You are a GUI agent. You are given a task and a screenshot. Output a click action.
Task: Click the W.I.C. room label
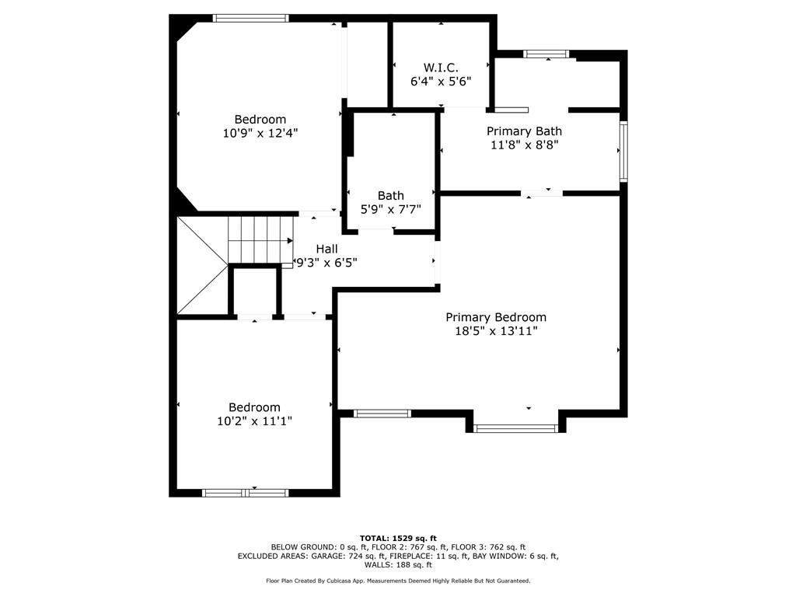[x=441, y=68]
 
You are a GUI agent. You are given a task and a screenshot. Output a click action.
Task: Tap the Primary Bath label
[x=525, y=131]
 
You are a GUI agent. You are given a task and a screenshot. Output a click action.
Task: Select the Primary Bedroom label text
[x=496, y=317]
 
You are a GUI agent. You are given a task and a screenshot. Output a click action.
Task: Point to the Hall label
[x=327, y=249]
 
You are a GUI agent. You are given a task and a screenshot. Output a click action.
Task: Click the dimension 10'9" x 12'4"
[x=260, y=133]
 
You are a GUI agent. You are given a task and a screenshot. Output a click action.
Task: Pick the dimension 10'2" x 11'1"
[x=254, y=421]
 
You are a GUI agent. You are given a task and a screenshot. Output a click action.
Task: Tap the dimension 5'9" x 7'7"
[x=391, y=209]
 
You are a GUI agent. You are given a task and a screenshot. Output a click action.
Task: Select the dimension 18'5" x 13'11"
[x=496, y=331]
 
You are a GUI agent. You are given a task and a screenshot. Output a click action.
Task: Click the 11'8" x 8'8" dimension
[x=525, y=145]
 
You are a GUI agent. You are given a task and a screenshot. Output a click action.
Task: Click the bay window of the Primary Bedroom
[x=516, y=429]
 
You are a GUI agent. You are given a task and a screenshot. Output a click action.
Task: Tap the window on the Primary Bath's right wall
[x=624, y=151]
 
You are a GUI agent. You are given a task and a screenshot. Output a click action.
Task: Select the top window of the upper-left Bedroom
[x=251, y=19]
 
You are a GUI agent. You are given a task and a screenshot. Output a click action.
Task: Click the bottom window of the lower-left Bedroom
[x=246, y=493]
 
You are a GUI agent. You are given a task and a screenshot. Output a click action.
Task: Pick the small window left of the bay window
[x=382, y=414]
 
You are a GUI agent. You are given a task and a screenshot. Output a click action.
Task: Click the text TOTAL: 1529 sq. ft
[x=398, y=538]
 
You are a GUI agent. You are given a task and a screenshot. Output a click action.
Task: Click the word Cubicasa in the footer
[x=337, y=581]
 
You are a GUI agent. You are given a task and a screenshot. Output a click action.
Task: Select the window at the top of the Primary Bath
[x=546, y=54]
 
